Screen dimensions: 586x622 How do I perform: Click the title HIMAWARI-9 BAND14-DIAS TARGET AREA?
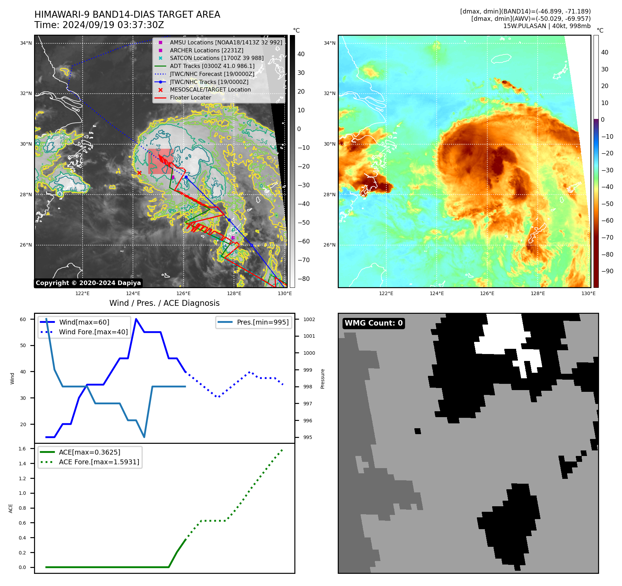pos(127,15)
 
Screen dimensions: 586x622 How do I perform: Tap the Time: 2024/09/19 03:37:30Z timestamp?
pos(99,25)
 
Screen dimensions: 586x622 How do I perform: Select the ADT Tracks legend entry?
pos(212,66)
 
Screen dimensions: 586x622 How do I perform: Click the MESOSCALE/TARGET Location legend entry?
pos(210,89)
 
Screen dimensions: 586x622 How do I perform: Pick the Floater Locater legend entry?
pos(190,97)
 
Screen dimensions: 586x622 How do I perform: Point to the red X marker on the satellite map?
pos(139,173)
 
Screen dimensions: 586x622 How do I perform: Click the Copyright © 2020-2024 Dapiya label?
pos(88,283)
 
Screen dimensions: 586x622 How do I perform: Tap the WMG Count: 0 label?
pos(373,323)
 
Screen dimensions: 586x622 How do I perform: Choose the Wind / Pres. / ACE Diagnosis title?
pos(164,303)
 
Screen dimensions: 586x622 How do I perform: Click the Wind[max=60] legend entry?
pos(84,322)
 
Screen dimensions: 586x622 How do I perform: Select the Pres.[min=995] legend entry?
pos(262,322)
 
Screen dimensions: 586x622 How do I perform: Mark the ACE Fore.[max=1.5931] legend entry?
pos(99,462)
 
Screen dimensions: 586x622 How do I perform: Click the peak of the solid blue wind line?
pos(136,319)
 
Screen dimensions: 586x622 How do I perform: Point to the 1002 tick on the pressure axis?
pos(309,319)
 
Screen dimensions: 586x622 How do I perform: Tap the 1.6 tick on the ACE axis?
pos(22,449)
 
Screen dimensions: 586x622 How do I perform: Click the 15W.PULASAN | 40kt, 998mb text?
pos(547,26)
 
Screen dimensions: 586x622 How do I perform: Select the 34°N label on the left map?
pos(26,43)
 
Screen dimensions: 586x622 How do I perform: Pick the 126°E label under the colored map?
pos(487,293)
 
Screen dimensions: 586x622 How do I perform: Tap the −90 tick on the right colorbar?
pos(607,271)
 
